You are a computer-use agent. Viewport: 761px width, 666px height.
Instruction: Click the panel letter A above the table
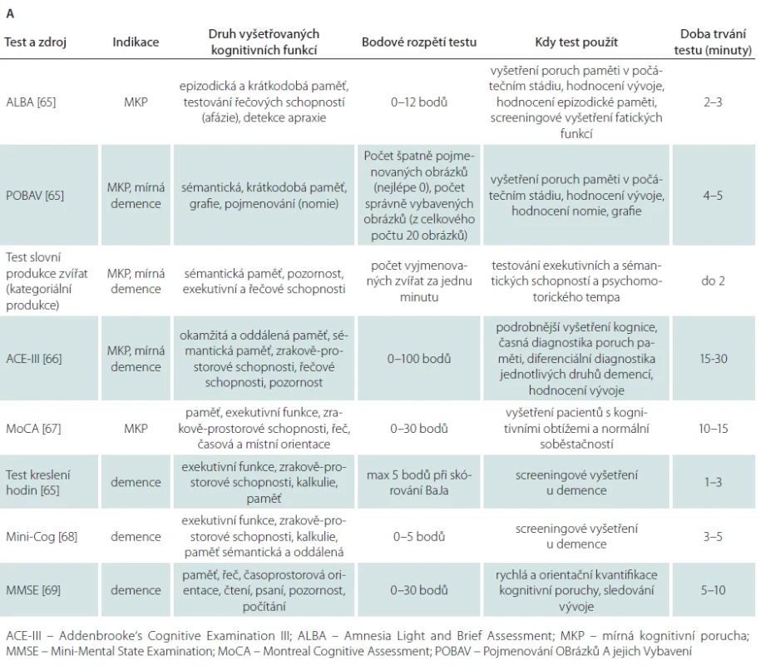(10, 13)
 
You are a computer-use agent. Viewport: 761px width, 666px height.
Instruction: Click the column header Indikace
(136, 42)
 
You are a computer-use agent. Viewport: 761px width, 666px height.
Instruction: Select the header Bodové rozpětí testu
(419, 42)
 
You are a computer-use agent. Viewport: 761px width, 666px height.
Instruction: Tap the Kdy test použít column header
(576, 42)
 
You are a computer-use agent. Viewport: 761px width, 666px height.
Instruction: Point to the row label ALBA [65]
(31, 102)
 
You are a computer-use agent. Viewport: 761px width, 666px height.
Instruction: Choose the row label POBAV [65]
(34, 196)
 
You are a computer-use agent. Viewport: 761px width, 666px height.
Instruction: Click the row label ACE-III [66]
(33, 359)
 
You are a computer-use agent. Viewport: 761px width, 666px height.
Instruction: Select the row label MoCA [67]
(33, 429)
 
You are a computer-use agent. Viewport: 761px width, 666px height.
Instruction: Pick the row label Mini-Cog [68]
(42, 536)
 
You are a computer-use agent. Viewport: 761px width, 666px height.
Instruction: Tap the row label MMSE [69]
(33, 590)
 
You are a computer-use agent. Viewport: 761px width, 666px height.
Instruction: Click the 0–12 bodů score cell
(419, 102)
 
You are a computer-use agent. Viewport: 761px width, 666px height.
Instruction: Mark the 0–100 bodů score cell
(419, 359)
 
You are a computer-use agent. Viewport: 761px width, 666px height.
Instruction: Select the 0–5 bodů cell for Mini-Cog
(419, 536)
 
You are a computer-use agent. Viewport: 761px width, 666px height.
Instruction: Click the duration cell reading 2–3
(713, 102)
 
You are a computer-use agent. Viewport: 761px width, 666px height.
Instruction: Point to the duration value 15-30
(713, 359)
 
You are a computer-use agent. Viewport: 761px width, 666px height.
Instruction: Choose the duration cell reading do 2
(713, 281)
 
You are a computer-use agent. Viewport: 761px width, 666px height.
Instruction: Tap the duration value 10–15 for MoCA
(713, 429)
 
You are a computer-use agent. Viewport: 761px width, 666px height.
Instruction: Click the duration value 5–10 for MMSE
(713, 590)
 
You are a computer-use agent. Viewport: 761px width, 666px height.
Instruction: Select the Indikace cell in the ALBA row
(136, 102)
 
